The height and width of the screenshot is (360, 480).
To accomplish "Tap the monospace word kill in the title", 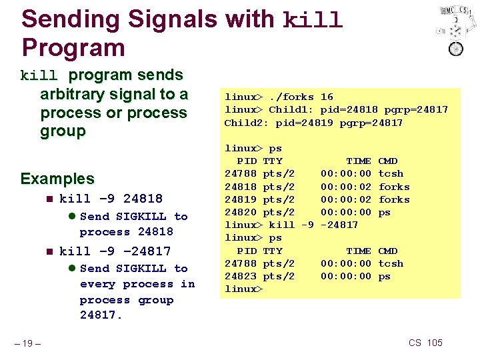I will click(313, 20).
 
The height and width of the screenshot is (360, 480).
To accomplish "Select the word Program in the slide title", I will click(73, 47).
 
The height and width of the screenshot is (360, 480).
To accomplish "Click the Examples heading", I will click(57, 179).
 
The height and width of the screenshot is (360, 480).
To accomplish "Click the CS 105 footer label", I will click(425, 343).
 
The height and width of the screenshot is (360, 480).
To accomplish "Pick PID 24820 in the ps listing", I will click(241, 212).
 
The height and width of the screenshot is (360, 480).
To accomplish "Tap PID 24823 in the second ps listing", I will click(241, 276).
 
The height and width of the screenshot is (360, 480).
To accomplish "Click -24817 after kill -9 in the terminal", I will click(339, 225).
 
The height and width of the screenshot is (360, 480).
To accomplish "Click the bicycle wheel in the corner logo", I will click(456, 48).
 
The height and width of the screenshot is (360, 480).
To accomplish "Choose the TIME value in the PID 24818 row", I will click(346, 187).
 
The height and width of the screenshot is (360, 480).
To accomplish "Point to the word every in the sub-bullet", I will click(99, 284).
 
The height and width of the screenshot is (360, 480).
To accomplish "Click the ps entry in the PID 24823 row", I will click(385, 276).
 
